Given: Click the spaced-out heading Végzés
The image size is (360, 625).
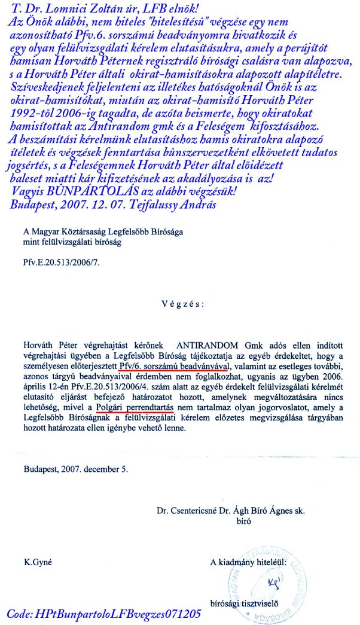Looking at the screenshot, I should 182,303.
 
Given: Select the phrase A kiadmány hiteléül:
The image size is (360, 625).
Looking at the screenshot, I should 248,562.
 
